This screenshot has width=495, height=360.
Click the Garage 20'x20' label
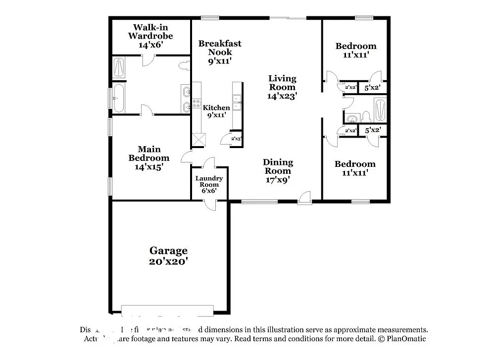point(169,256)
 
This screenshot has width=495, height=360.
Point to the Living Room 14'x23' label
point(282,87)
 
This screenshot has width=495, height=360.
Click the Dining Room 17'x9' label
point(278,171)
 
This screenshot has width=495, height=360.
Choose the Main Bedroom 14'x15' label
point(149,158)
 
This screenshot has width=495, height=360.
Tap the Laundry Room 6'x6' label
point(209,184)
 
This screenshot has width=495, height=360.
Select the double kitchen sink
point(237,102)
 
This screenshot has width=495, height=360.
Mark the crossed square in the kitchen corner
point(198,139)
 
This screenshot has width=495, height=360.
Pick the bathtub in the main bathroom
point(119,98)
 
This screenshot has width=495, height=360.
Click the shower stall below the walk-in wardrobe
point(119,67)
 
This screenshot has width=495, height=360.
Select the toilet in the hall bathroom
point(366,116)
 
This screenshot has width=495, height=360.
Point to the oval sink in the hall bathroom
point(352,119)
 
